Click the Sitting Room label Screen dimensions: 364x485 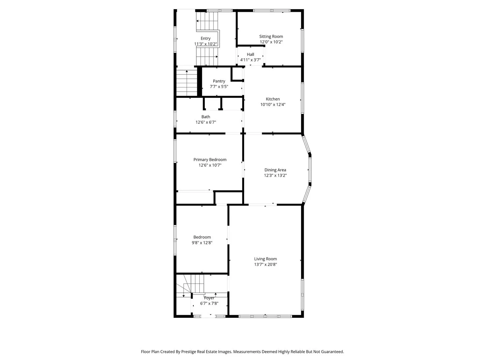point(271,36)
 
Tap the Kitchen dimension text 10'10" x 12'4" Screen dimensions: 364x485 point(273,104)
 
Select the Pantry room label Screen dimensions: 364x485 point(219,81)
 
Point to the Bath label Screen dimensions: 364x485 point(206,117)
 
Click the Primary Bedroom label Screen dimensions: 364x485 point(210,160)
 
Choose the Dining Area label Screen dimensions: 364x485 point(275,170)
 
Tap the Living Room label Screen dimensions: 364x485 point(265,259)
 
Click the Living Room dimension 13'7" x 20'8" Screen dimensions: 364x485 point(265,265)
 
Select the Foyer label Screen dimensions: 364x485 point(209,298)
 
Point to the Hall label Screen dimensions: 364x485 point(250,54)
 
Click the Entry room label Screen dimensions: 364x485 point(205,38)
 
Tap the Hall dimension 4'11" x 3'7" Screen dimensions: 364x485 point(250,60)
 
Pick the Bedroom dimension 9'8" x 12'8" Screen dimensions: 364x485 point(202,243)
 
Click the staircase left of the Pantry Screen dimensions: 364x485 point(186,83)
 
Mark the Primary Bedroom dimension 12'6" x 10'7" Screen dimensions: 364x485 point(210,165)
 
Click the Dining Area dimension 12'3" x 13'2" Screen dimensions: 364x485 point(275,175)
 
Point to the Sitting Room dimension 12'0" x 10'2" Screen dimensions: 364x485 point(271,42)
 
